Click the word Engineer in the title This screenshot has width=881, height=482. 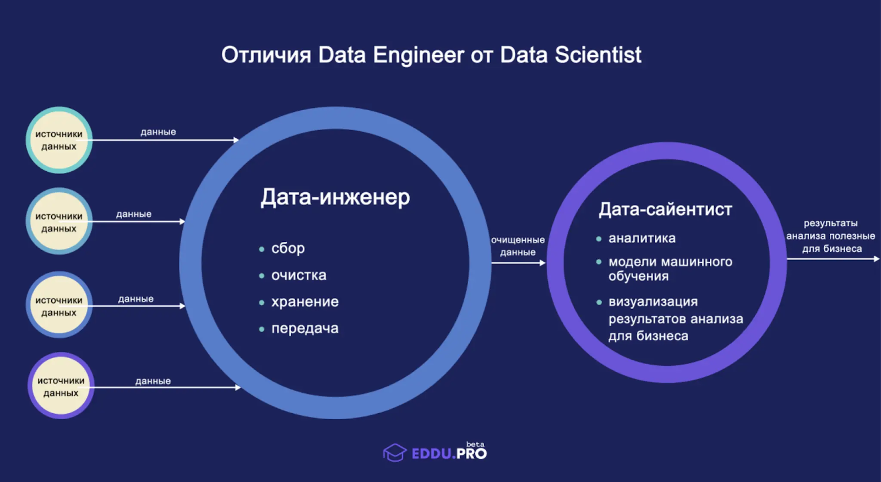418,55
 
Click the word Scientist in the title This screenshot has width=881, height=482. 598,55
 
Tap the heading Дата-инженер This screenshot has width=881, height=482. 335,197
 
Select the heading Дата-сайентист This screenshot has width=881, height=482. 666,209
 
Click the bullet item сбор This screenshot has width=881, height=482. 288,248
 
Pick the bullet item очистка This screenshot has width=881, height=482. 299,275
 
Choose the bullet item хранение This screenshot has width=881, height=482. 305,302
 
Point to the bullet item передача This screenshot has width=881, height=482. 305,328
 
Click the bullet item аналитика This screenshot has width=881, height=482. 642,238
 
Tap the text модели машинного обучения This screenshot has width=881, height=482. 670,269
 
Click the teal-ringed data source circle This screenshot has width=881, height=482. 59,140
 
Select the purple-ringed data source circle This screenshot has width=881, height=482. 61,386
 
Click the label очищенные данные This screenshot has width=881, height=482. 518,246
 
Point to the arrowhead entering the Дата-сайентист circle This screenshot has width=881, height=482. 543,263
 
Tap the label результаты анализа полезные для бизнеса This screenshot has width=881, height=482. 831,236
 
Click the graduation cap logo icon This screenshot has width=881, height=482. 395,452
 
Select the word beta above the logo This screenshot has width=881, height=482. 476,444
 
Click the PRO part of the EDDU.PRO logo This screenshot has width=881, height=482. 472,454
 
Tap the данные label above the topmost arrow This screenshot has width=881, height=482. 158,132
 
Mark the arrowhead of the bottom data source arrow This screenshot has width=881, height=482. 238,388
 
